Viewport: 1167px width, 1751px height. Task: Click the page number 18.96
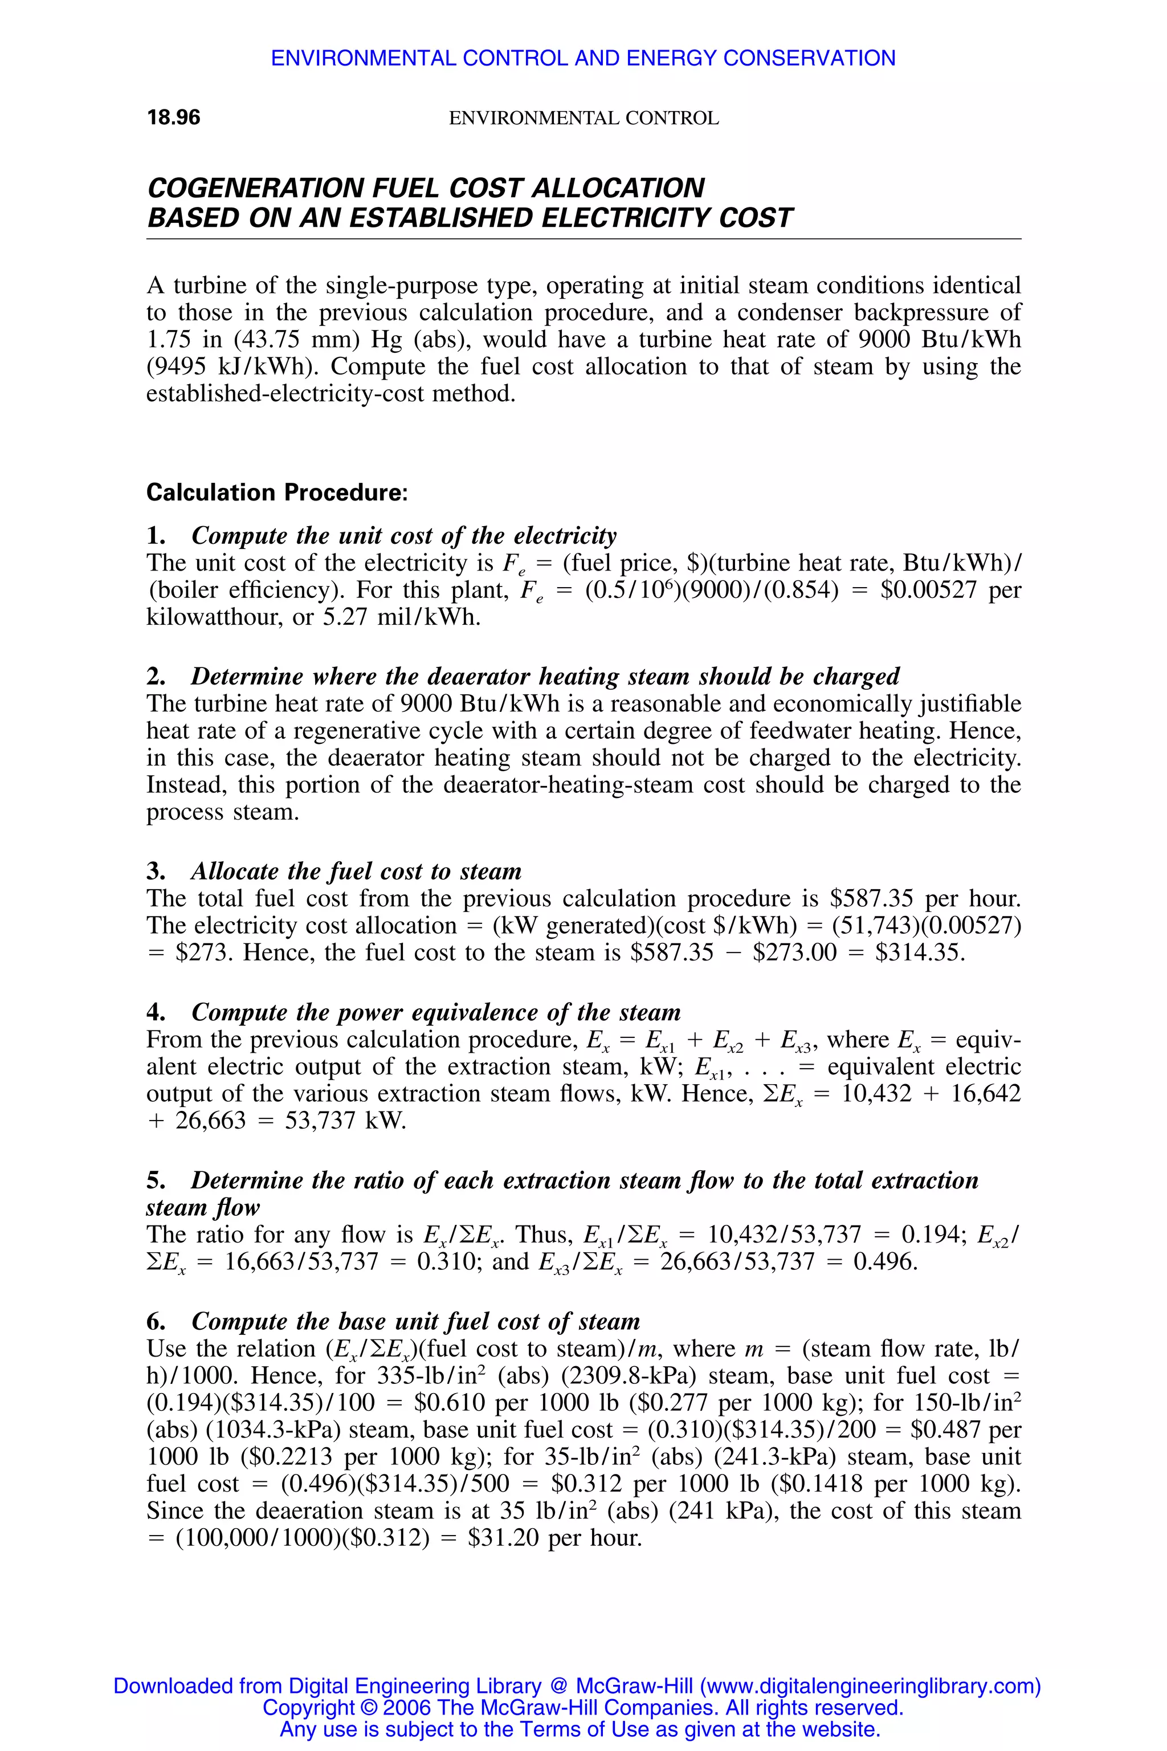pos(173,117)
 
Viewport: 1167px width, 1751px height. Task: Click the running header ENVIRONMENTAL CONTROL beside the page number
pos(583,119)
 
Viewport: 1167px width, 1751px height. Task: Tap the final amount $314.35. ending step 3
pos(920,952)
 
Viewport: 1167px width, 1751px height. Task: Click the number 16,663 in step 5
pos(260,1261)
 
